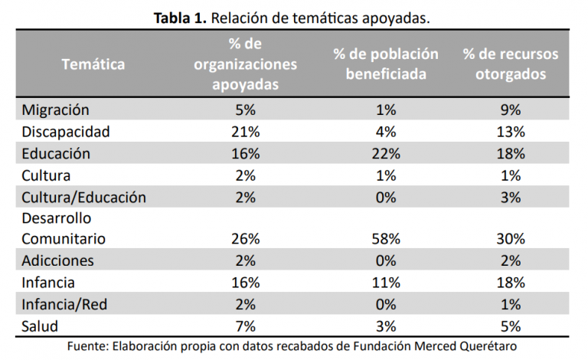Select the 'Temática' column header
click(x=93, y=64)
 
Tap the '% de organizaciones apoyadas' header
click(x=245, y=64)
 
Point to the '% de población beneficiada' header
click(x=386, y=64)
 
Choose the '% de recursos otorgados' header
click(x=510, y=64)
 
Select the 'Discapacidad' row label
click(x=66, y=131)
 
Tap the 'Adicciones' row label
click(x=58, y=260)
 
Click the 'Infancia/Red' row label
click(x=65, y=304)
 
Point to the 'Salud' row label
click(x=41, y=326)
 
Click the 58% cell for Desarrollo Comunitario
click(x=386, y=239)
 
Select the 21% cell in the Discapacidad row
click(x=245, y=131)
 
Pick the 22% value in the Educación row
click(x=386, y=153)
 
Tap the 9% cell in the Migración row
click(x=510, y=110)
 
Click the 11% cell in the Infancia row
click(x=386, y=283)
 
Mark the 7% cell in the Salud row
click(x=245, y=326)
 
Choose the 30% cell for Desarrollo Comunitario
click(x=510, y=239)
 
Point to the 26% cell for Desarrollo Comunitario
click(x=245, y=239)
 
